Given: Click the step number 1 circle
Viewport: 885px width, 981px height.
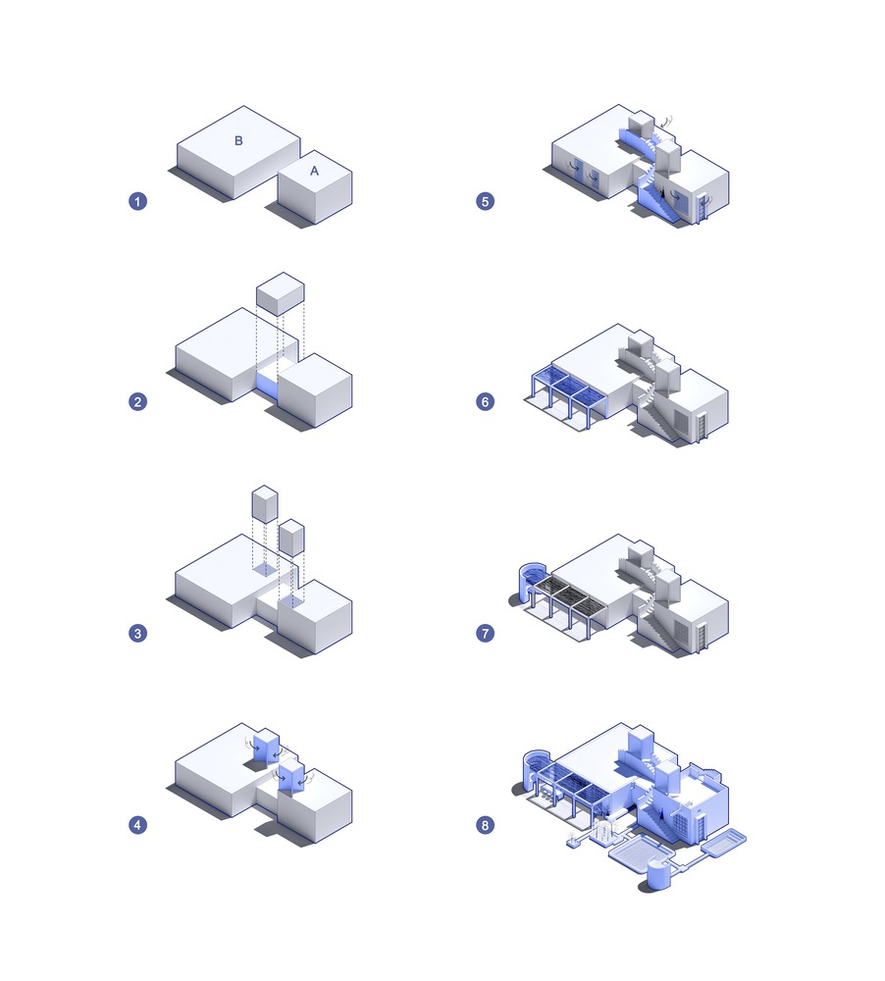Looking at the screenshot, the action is pyautogui.click(x=137, y=201).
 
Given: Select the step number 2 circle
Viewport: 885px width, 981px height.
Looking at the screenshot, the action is pyautogui.click(x=137, y=401).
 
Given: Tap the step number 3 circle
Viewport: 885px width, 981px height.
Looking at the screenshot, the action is pyautogui.click(x=137, y=633).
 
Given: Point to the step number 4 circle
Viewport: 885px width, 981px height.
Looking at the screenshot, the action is pyautogui.click(x=137, y=825).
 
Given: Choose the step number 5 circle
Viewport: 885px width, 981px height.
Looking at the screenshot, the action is pyautogui.click(x=485, y=201).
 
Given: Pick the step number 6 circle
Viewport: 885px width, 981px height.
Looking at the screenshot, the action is pyautogui.click(x=485, y=401).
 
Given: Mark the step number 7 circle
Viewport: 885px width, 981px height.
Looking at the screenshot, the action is pyautogui.click(x=485, y=633).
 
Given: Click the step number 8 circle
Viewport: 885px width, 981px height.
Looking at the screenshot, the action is pyautogui.click(x=485, y=825).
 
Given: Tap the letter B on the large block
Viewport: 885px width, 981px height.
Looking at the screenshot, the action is pyautogui.click(x=238, y=140).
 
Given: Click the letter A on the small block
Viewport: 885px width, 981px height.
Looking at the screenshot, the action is pyautogui.click(x=314, y=170).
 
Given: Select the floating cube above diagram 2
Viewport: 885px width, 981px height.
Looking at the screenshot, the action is pyautogui.click(x=281, y=293).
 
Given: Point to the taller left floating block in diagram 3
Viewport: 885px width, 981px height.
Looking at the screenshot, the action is pyautogui.click(x=265, y=503).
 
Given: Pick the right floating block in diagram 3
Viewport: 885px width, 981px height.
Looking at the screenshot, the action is pyautogui.click(x=291, y=537).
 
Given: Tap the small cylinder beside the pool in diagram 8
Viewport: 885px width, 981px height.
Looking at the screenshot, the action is pyautogui.click(x=658, y=875).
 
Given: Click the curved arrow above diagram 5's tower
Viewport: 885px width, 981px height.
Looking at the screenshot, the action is pyautogui.click(x=667, y=122).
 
